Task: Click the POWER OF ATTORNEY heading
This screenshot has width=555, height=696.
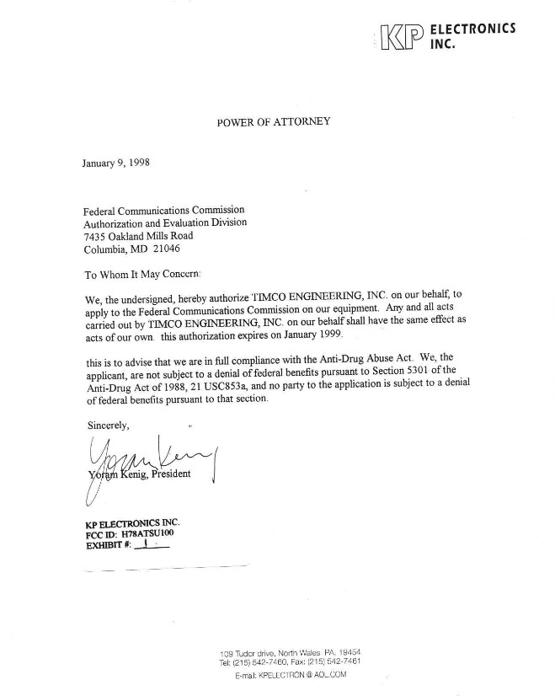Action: tap(273, 121)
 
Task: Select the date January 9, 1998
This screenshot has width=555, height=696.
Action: tap(116, 163)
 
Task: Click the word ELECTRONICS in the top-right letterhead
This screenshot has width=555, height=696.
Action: tap(472, 29)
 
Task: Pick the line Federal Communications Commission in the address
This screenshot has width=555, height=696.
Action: tap(163, 210)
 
